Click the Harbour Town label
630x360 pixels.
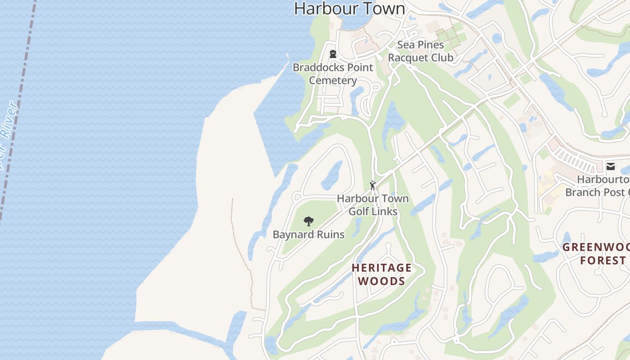[350, 9]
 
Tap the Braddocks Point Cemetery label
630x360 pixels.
[333, 74]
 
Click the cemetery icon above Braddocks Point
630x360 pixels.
[333, 54]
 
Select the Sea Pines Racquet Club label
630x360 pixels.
[420, 51]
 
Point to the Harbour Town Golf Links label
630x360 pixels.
[373, 205]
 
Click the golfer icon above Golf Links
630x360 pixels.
[373, 185]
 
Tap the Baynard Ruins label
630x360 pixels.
[309, 234]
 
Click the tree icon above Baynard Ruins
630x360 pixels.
[308, 221]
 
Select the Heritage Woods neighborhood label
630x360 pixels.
[382, 274]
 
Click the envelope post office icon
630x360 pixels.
[611, 166]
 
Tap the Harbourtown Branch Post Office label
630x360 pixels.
[598, 186]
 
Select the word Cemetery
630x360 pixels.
[333, 81]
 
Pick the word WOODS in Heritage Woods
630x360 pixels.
[382, 281]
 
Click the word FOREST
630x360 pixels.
[603, 261]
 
